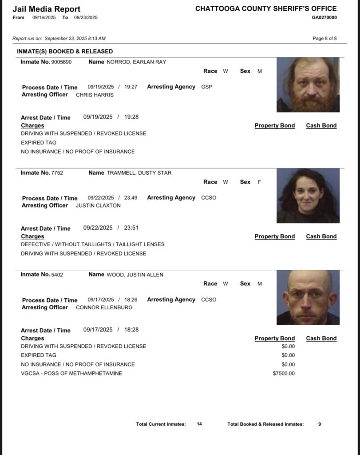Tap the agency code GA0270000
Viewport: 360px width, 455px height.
[x=324, y=17]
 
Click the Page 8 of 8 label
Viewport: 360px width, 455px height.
[x=324, y=38]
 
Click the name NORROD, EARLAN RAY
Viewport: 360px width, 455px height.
[x=136, y=62]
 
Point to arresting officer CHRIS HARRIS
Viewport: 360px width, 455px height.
[x=95, y=95]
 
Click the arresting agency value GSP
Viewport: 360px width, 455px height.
[x=206, y=87]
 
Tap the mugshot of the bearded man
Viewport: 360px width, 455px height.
[x=308, y=84]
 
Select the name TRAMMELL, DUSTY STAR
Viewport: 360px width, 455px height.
[x=139, y=173]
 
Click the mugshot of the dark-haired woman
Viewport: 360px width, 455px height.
[x=308, y=196]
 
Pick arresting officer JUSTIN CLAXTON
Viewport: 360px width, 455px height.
[x=98, y=206]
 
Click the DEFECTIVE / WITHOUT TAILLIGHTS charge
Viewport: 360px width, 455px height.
[x=92, y=244]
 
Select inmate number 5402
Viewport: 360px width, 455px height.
[x=57, y=275]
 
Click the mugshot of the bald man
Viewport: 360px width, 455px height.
[x=308, y=297]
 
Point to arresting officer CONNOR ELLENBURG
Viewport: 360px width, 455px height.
[x=104, y=307]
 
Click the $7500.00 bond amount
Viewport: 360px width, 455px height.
[x=284, y=373]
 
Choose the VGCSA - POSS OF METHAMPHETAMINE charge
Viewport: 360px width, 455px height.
[x=71, y=373]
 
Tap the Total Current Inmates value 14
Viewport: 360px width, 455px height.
[x=199, y=424]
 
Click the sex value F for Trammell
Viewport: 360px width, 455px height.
[x=259, y=182]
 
